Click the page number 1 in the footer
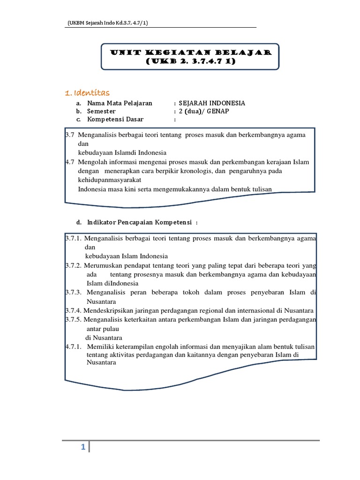[82, 448]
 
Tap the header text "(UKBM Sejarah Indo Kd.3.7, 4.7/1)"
[108, 23]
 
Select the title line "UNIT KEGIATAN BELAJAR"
[191, 52]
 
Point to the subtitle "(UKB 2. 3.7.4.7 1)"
[190, 61]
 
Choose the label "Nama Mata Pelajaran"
[120, 103]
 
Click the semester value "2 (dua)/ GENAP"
[202, 111]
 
